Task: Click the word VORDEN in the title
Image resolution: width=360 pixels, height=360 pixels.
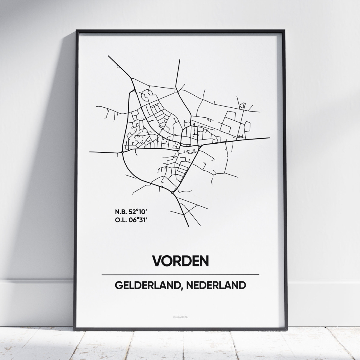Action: [180, 261]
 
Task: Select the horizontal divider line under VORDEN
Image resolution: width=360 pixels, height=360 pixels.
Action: [180, 274]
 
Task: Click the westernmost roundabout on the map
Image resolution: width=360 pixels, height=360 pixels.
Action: [123, 152]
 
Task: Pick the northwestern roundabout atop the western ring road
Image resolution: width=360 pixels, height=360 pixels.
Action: [135, 90]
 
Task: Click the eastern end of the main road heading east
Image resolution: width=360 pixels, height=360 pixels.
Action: [269, 138]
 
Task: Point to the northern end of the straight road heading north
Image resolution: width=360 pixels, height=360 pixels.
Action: [179, 60]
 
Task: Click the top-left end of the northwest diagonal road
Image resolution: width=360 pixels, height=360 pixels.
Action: [109, 56]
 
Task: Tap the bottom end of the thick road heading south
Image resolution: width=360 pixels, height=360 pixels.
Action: [188, 226]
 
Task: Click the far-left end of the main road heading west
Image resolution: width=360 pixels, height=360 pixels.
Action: [90, 152]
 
